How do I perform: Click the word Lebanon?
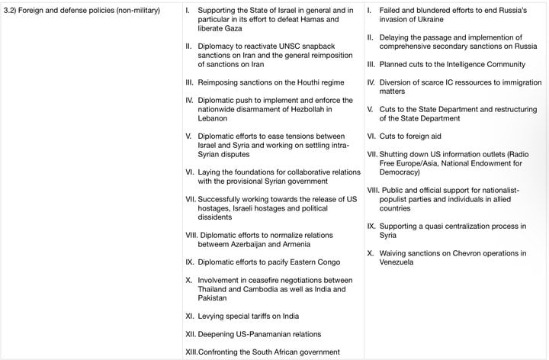215,119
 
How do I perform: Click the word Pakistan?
216,298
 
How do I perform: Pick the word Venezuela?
396,262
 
